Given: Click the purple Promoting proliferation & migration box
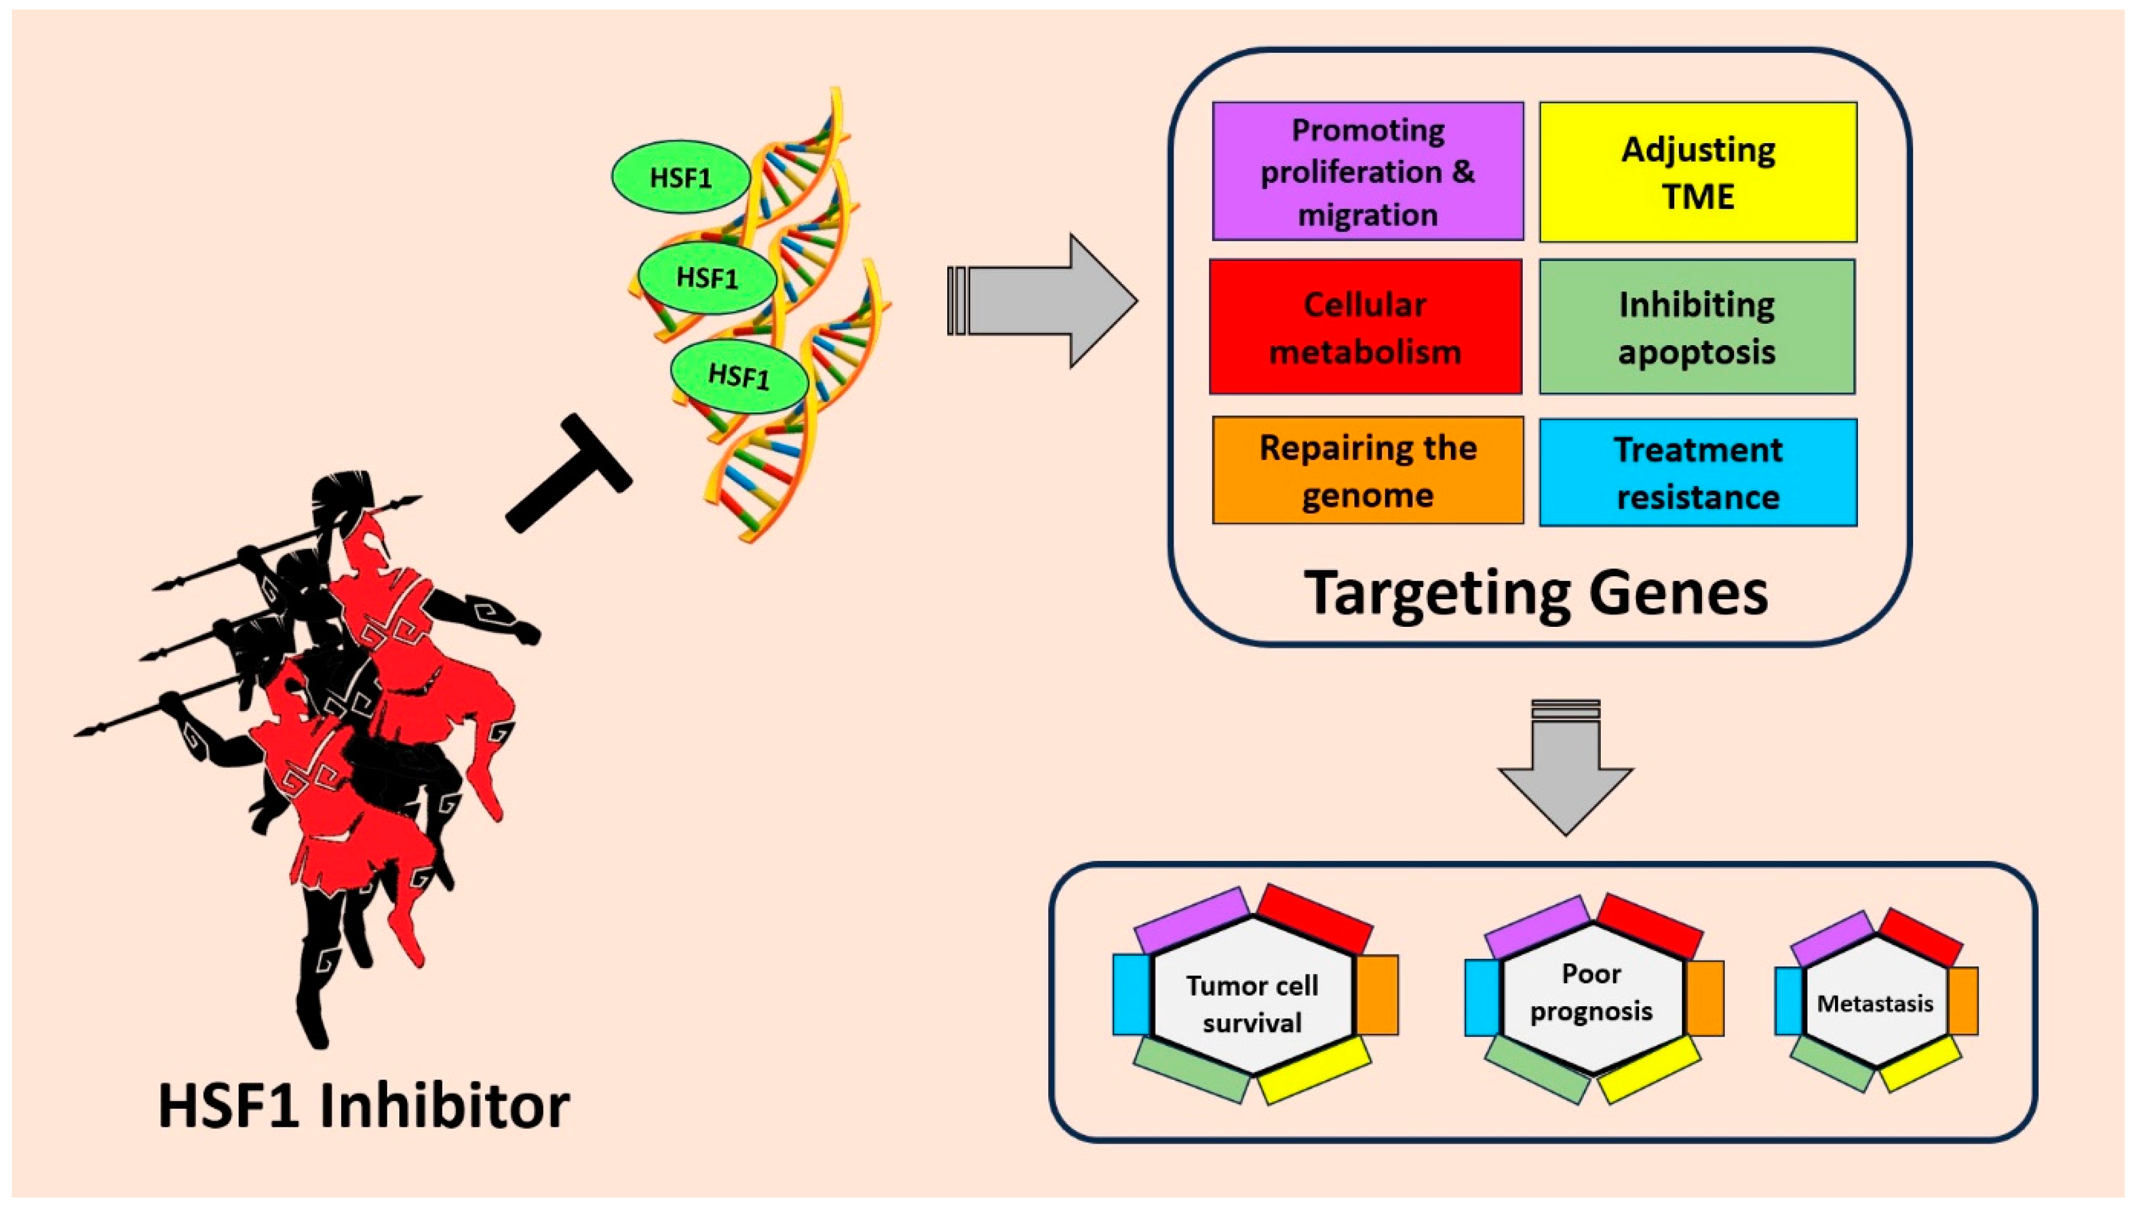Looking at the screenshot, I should point(1367,171).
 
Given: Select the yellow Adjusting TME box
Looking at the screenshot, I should point(1697,172).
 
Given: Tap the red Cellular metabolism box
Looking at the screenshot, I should point(1365,327).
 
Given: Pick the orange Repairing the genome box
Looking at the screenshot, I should point(1367,471).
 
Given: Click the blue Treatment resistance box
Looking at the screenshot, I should point(1697,473).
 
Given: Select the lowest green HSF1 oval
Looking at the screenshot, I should point(739,376).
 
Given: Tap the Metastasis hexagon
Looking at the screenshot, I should point(1875,1003).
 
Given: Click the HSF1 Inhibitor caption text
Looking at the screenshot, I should point(364,1106).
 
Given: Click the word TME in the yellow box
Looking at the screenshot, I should point(1697,197).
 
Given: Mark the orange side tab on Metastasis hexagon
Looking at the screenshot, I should point(1963,1001).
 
